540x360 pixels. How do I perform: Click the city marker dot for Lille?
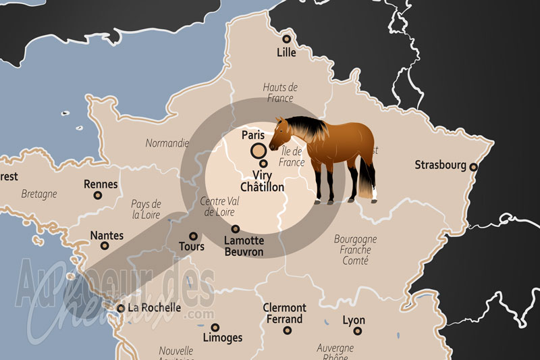pos(286,38)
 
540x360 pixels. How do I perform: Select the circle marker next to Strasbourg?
pos(474,167)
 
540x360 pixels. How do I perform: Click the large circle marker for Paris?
pos(258,151)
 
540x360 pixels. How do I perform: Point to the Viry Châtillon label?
pos(263,181)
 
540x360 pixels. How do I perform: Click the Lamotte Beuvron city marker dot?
pos(236,229)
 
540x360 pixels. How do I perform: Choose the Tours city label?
pos(192,247)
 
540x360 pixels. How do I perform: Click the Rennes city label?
pos(101,184)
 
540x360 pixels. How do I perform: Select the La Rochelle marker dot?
pos(121,308)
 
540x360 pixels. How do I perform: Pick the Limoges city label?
pos(222,337)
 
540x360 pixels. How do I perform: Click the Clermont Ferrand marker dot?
pos(287,330)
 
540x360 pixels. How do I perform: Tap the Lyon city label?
pos(354,320)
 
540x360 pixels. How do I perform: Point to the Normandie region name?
pos(167,143)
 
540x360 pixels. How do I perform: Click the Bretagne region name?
pos(39,194)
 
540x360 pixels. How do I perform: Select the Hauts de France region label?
pos(280,93)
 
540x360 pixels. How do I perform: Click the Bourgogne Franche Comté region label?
pos(356,249)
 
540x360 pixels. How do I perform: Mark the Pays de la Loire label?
pos(146,209)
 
